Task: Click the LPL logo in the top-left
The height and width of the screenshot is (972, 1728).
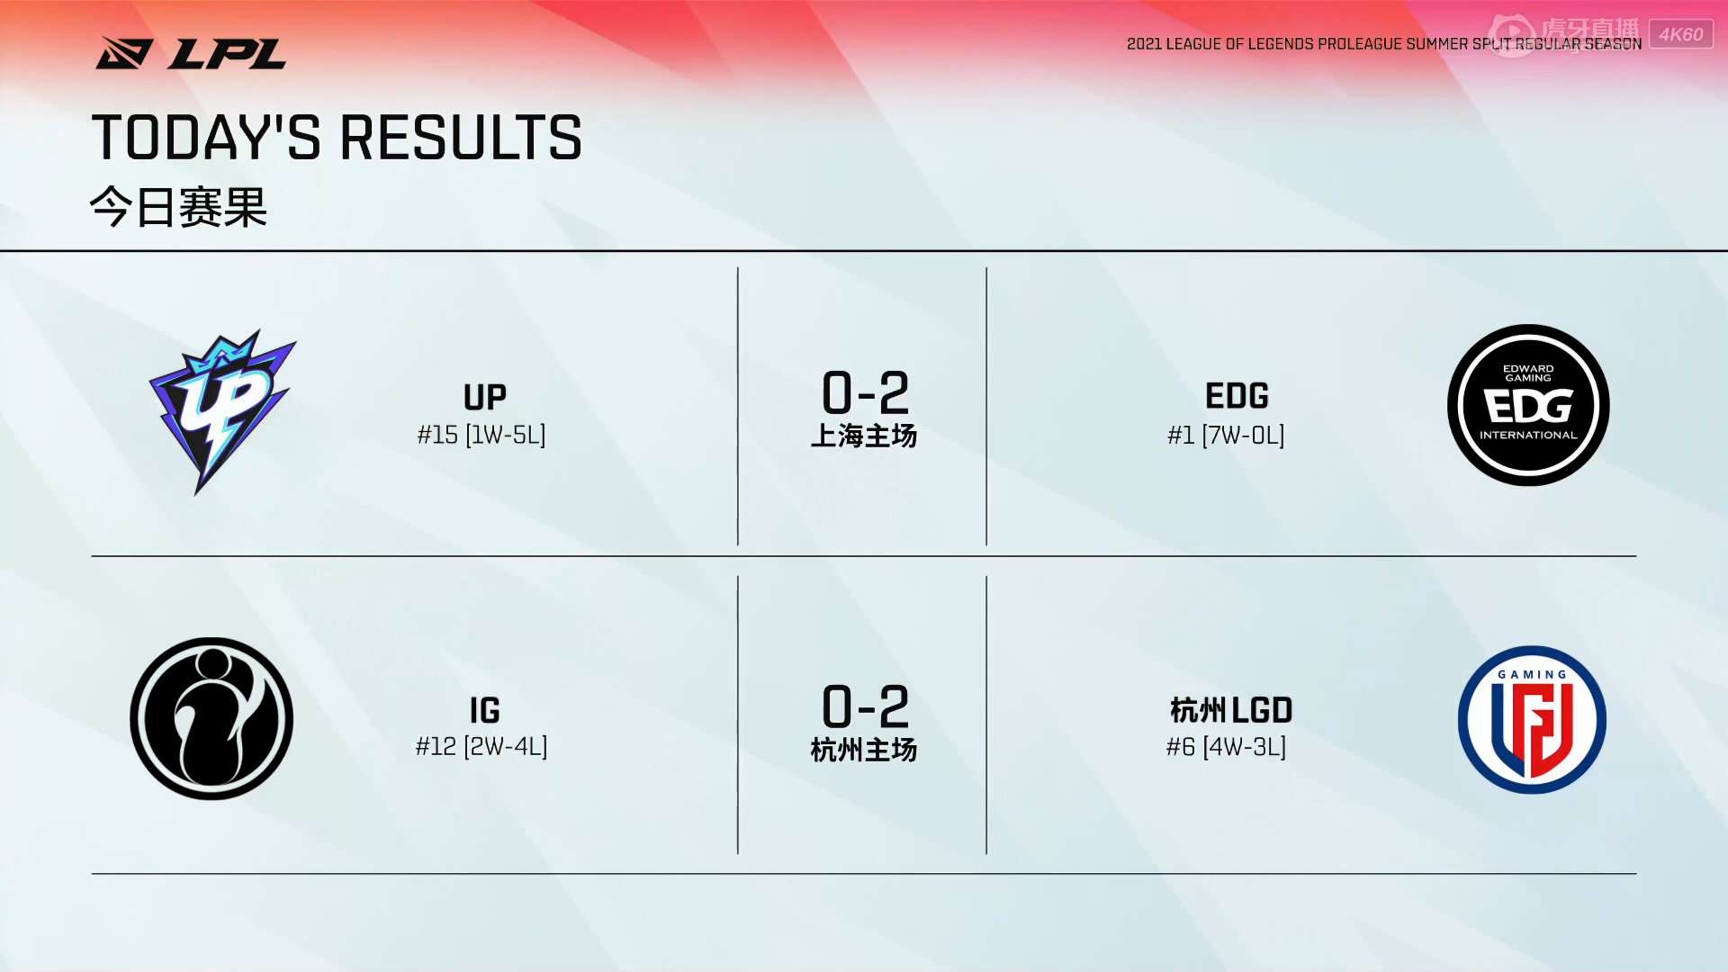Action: pyautogui.click(x=191, y=53)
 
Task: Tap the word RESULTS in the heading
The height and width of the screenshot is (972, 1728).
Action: pyautogui.click(x=461, y=138)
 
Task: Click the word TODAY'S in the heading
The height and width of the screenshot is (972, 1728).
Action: pyautogui.click(x=206, y=138)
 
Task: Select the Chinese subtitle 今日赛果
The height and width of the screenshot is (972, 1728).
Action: pyautogui.click(x=178, y=207)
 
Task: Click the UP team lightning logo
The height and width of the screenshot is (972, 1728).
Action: pyautogui.click(x=221, y=411)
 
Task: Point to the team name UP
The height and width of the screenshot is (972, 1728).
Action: pyautogui.click(x=485, y=397)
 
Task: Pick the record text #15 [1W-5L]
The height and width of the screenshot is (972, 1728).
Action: pyautogui.click(x=481, y=436)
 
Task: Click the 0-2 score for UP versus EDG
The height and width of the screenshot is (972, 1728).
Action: pyautogui.click(x=865, y=392)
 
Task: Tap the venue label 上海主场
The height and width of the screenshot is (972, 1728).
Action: pyautogui.click(x=864, y=436)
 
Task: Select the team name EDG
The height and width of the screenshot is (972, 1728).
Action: pyautogui.click(x=1237, y=396)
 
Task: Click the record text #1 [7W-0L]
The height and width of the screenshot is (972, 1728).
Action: pyautogui.click(x=1226, y=436)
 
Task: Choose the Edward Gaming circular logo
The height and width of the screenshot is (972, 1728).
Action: pyautogui.click(x=1528, y=405)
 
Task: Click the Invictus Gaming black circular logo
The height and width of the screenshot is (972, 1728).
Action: pyautogui.click(x=211, y=718)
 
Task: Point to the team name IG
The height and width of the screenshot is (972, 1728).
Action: pyautogui.click(x=485, y=711)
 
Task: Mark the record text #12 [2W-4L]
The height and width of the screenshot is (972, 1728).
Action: pyautogui.click(x=481, y=747)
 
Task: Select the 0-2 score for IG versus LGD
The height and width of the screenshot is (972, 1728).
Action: pyautogui.click(x=865, y=706)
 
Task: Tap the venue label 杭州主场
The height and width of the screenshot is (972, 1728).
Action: pyautogui.click(x=864, y=750)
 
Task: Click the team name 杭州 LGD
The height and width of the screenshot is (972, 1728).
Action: pyautogui.click(x=1231, y=711)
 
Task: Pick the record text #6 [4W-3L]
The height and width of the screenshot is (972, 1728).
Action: pyautogui.click(x=1226, y=747)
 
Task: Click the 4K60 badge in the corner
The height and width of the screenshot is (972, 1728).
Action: pyautogui.click(x=1681, y=34)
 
